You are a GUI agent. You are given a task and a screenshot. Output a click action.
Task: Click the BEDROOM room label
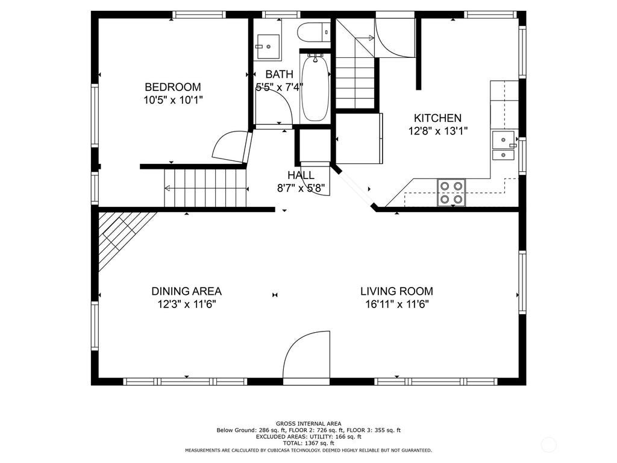click(x=173, y=87)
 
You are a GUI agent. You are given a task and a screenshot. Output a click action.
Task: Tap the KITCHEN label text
click(x=437, y=118)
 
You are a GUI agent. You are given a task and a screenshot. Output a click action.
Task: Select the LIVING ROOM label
click(x=396, y=291)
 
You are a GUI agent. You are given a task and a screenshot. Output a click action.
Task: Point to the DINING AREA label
click(x=187, y=291)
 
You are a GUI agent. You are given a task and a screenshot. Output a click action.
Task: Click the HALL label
click(x=301, y=175)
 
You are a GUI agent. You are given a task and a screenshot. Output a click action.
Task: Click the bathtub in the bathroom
click(x=315, y=89)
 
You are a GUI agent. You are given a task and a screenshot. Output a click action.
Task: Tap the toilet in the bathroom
click(x=313, y=32)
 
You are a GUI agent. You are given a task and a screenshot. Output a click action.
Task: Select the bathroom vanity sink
click(x=268, y=47)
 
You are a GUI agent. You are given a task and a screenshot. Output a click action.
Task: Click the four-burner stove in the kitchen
click(x=451, y=192)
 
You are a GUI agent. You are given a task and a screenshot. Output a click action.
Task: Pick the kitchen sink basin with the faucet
click(x=504, y=140)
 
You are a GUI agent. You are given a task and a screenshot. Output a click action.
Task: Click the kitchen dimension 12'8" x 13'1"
click(x=437, y=131)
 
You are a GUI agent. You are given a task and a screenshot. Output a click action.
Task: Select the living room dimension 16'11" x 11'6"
click(x=396, y=304)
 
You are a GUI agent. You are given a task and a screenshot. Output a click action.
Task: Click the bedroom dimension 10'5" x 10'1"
click(x=173, y=100)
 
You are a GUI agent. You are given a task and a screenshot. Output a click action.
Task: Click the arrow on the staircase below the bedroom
click(x=205, y=188)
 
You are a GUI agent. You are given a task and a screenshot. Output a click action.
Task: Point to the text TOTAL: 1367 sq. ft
click(x=308, y=443)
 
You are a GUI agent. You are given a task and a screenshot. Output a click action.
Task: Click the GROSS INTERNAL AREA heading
click(x=308, y=424)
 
